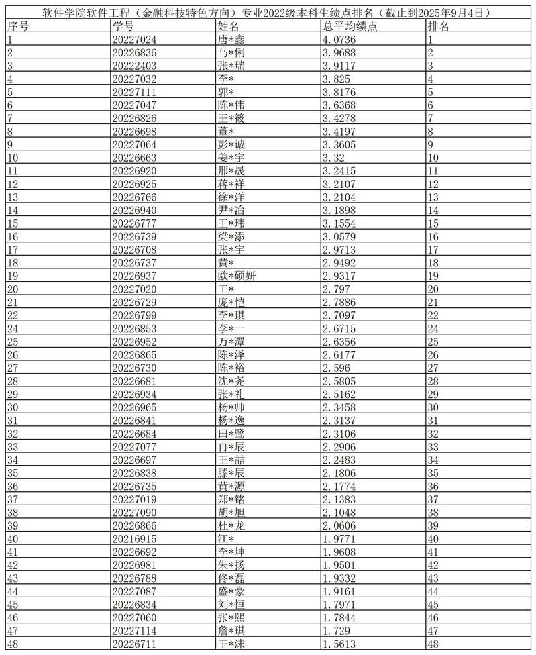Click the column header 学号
[123, 26]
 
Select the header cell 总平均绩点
[350, 26]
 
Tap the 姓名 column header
[229, 26]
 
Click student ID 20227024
[135, 40]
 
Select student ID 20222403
[135, 66]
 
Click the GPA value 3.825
[335, 79]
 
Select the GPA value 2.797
[335, 289]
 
